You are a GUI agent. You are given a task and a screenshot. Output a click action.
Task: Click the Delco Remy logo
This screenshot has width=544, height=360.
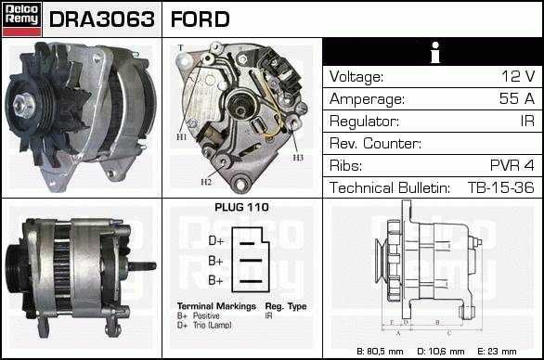22,19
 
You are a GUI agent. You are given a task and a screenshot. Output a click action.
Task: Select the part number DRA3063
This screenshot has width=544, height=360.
102,19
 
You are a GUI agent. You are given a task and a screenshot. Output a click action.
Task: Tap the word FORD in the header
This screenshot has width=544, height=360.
201,19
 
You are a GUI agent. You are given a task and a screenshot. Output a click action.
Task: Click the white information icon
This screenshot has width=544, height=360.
435,52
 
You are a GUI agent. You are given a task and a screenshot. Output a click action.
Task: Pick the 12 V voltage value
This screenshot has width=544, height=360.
518,76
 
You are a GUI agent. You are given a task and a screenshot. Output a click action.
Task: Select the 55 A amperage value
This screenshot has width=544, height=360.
517,98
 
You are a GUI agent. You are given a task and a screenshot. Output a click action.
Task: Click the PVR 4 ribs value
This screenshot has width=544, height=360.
512,165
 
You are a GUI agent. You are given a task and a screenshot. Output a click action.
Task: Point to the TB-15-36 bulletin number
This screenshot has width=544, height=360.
501,187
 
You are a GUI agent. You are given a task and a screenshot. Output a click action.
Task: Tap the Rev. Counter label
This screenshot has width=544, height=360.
375,143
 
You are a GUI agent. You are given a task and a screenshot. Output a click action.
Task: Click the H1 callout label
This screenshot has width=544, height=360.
181,137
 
